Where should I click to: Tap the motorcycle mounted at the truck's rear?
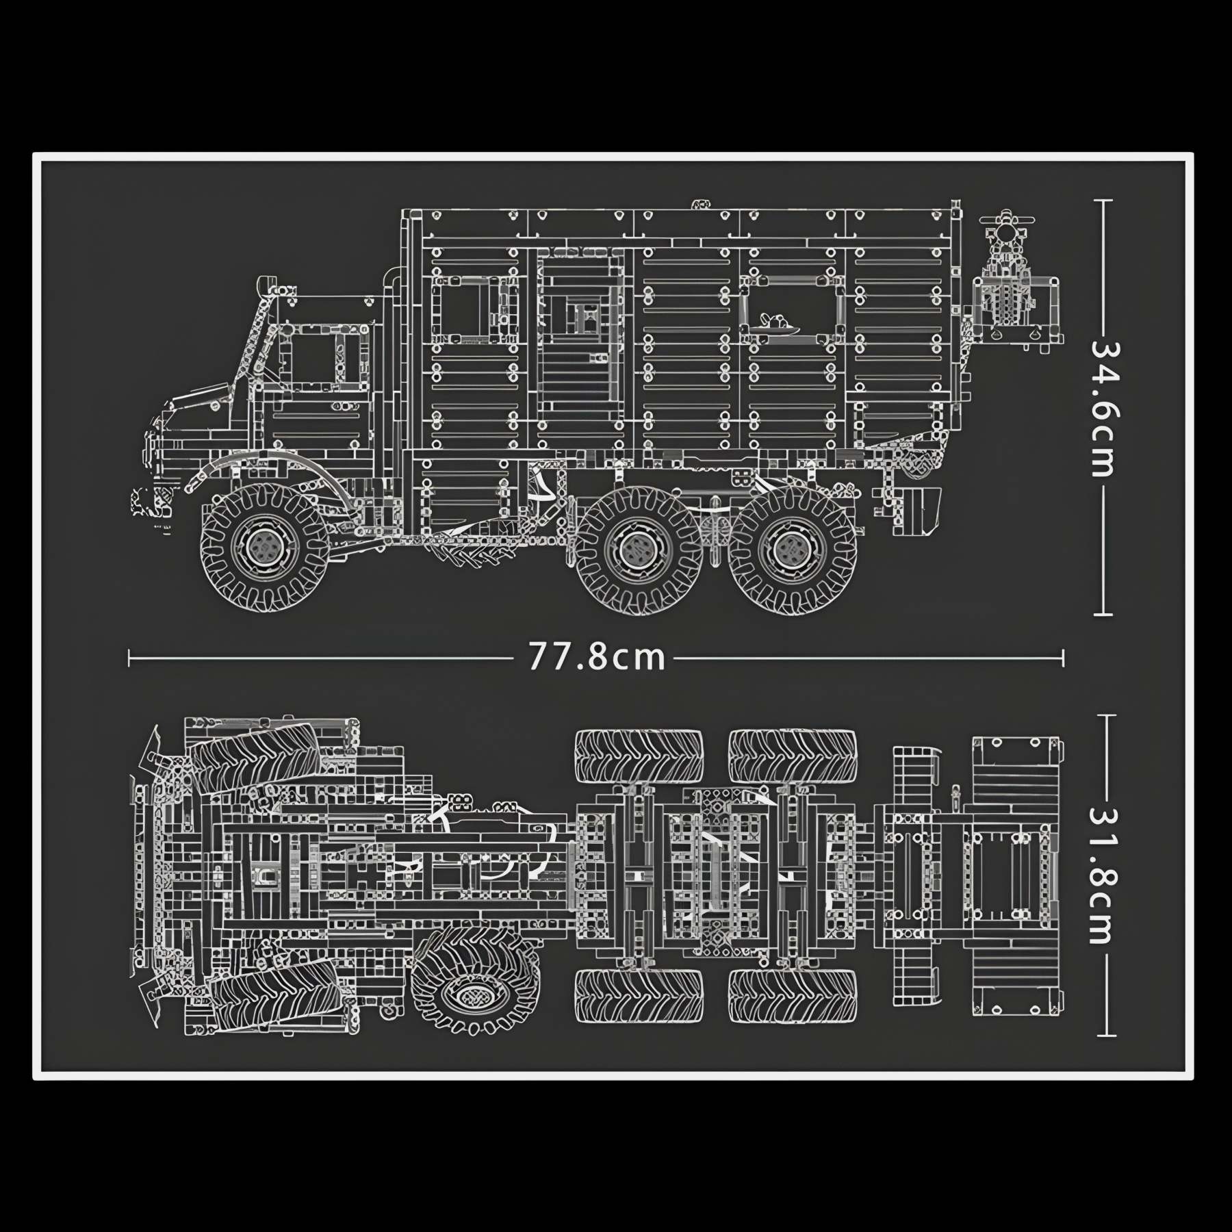click(1006, 274)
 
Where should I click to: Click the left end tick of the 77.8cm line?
click(129, 658)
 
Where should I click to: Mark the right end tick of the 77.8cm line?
click(1063, 658)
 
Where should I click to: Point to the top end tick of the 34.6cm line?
click(1103, 201)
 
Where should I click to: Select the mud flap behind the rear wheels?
click(917, 510)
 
